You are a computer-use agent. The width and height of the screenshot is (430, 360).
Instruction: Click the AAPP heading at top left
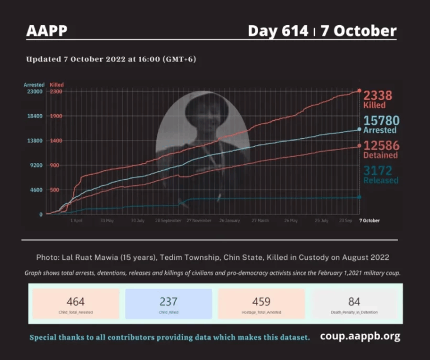click(46, 31)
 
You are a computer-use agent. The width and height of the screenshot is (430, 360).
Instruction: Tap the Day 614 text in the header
click(278, 31)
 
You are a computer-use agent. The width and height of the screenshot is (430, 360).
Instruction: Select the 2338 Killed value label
click(378, 99)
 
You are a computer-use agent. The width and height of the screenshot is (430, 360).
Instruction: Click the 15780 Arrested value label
click(380, 124)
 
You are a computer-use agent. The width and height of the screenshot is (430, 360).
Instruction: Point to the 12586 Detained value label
click(381, 149)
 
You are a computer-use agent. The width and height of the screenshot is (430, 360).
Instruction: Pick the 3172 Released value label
click(381, 174)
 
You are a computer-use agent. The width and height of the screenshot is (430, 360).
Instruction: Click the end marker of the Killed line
click(359, 91)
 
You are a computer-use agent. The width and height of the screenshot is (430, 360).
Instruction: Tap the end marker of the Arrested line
click(359, 129)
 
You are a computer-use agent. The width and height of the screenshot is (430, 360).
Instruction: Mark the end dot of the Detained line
click(359, 146)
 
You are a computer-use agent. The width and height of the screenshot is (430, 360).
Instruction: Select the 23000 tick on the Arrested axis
click(35, 92)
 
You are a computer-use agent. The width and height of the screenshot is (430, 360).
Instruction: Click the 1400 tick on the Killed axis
click(57, 141)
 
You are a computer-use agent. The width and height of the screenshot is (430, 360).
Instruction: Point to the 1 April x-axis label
click(77, 221)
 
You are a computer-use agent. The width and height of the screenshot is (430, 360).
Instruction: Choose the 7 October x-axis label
click(368, 221)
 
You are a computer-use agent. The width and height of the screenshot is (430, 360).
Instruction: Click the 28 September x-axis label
click(168, 221)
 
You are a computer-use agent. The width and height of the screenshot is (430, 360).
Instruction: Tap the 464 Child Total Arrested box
click(76, 304)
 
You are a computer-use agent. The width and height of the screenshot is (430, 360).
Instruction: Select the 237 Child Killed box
click(169, 304)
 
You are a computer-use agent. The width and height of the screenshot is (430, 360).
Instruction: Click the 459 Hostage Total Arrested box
click(261, 304)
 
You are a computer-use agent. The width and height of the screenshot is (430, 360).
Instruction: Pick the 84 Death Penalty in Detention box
click(354, 304)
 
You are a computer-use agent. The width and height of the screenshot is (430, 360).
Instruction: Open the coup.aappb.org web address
click(360, 336)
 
